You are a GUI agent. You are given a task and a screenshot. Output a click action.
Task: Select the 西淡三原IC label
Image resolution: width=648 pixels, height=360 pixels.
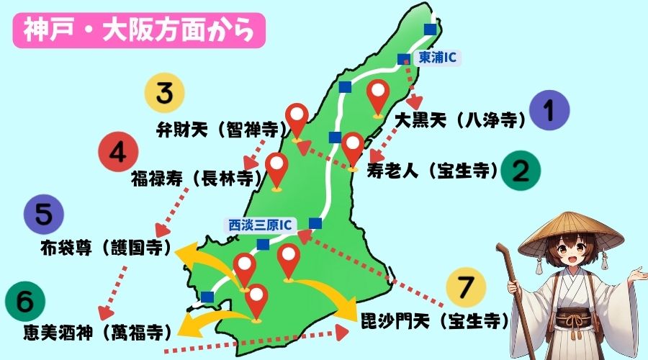click(261, 224)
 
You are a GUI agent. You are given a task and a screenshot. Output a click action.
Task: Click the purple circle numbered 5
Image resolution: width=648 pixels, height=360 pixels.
click(43, 214)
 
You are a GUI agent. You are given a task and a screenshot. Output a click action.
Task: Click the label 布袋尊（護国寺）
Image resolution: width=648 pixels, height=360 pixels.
click(106, 249)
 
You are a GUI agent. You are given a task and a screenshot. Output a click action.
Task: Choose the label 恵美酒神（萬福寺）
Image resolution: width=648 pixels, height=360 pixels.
click(87, 332)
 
